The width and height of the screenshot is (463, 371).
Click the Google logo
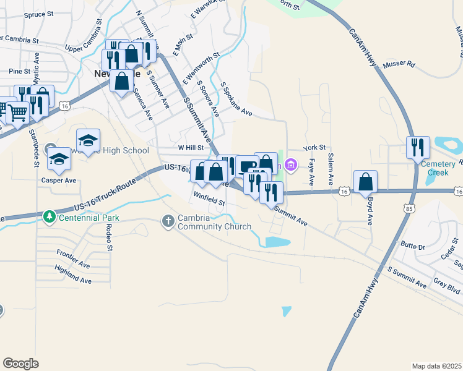pyautogui.click(x=20, y=364)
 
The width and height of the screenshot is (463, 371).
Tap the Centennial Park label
pyautogui.click(x=89, y=218)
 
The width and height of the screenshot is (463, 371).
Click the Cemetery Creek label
pyautogui.click(x=442, y=168)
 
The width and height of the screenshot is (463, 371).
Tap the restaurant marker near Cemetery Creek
pyautogui.click(x=418, y=147)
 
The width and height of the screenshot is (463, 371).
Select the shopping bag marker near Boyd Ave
pyautogui.click(x=365, y=182)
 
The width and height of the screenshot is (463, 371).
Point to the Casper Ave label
pyautogui.click(x=58, y=181)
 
